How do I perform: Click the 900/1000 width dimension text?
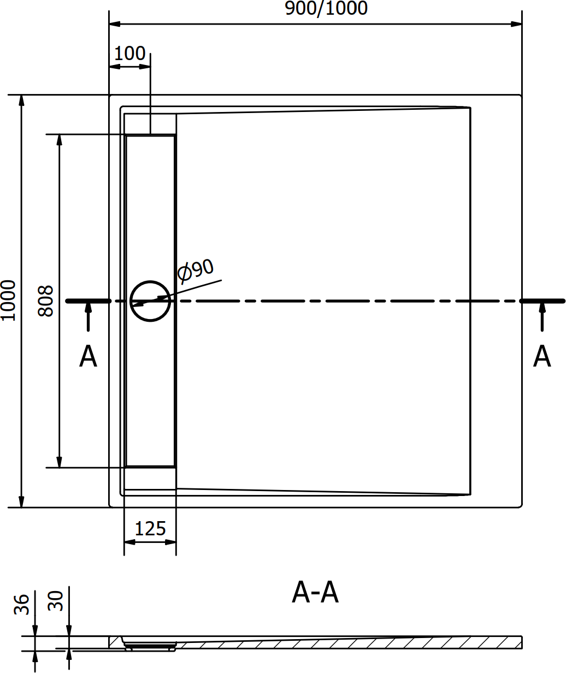326,8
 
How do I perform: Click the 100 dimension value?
130,54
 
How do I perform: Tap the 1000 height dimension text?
8,301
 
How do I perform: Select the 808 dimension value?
46,301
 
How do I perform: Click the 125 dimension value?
150,529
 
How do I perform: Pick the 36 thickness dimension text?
22,605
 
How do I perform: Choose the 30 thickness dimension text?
55,601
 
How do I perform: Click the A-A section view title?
315,592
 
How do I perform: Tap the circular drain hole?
150,301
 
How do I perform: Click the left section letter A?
88,356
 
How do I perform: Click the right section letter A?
542,356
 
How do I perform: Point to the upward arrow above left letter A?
88,317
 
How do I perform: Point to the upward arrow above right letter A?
542,317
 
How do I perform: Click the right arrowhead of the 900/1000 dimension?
516,24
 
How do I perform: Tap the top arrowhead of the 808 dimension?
60,140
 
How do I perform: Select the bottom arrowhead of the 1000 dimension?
21,502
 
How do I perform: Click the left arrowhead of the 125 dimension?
129,542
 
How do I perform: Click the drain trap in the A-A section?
150,646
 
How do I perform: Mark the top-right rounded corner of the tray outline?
521,96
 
